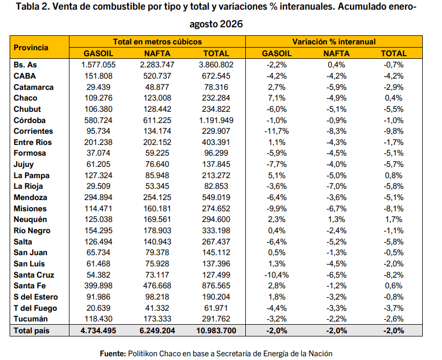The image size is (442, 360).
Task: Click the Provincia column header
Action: pyautogui.click(x=31, y=48)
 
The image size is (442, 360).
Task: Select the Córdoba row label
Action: pyautogui.click(x=29, y=120)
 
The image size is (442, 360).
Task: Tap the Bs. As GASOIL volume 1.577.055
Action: pyautogui.click(x=98, y=65)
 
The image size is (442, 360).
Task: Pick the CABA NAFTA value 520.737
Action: pyautogui.click(x=157, y=76)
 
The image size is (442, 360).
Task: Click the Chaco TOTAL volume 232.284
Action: pyautogui.click(x=216, y=98)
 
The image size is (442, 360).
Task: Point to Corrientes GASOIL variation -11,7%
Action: pyautogui.click(x=276, y=131)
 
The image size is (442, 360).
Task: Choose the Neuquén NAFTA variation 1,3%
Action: pyautogui.click(x=336, y=219)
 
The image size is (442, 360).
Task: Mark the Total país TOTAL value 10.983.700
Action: pyautogui.click(x=216, y=331)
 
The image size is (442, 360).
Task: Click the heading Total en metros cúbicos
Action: pyautogui.click(x=157, y=42)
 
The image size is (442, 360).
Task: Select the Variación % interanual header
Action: pyautogui.click(x=334, y=42)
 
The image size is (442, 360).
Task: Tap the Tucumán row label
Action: pyautogui.click(x=30, y=319)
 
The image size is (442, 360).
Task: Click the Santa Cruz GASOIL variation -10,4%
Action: pyautogui.click(x=276, y=275)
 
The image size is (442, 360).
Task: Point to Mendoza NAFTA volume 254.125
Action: pyautogui.click(x=157, y=197)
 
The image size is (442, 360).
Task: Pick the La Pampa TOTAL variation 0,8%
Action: pyautogui.click(x=393, y=175)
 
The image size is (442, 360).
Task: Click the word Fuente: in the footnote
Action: pyautogui.click(x=113, y=354)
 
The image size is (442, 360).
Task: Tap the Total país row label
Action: pyautogui.click(x=32, y=331)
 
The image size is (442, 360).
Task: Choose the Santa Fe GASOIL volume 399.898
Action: pyautogui.click(x=98, y=286)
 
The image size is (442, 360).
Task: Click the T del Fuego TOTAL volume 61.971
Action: pyautogui.click(x=216, y=308)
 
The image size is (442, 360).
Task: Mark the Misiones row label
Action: pyautogui.click(x=30, y=209)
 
